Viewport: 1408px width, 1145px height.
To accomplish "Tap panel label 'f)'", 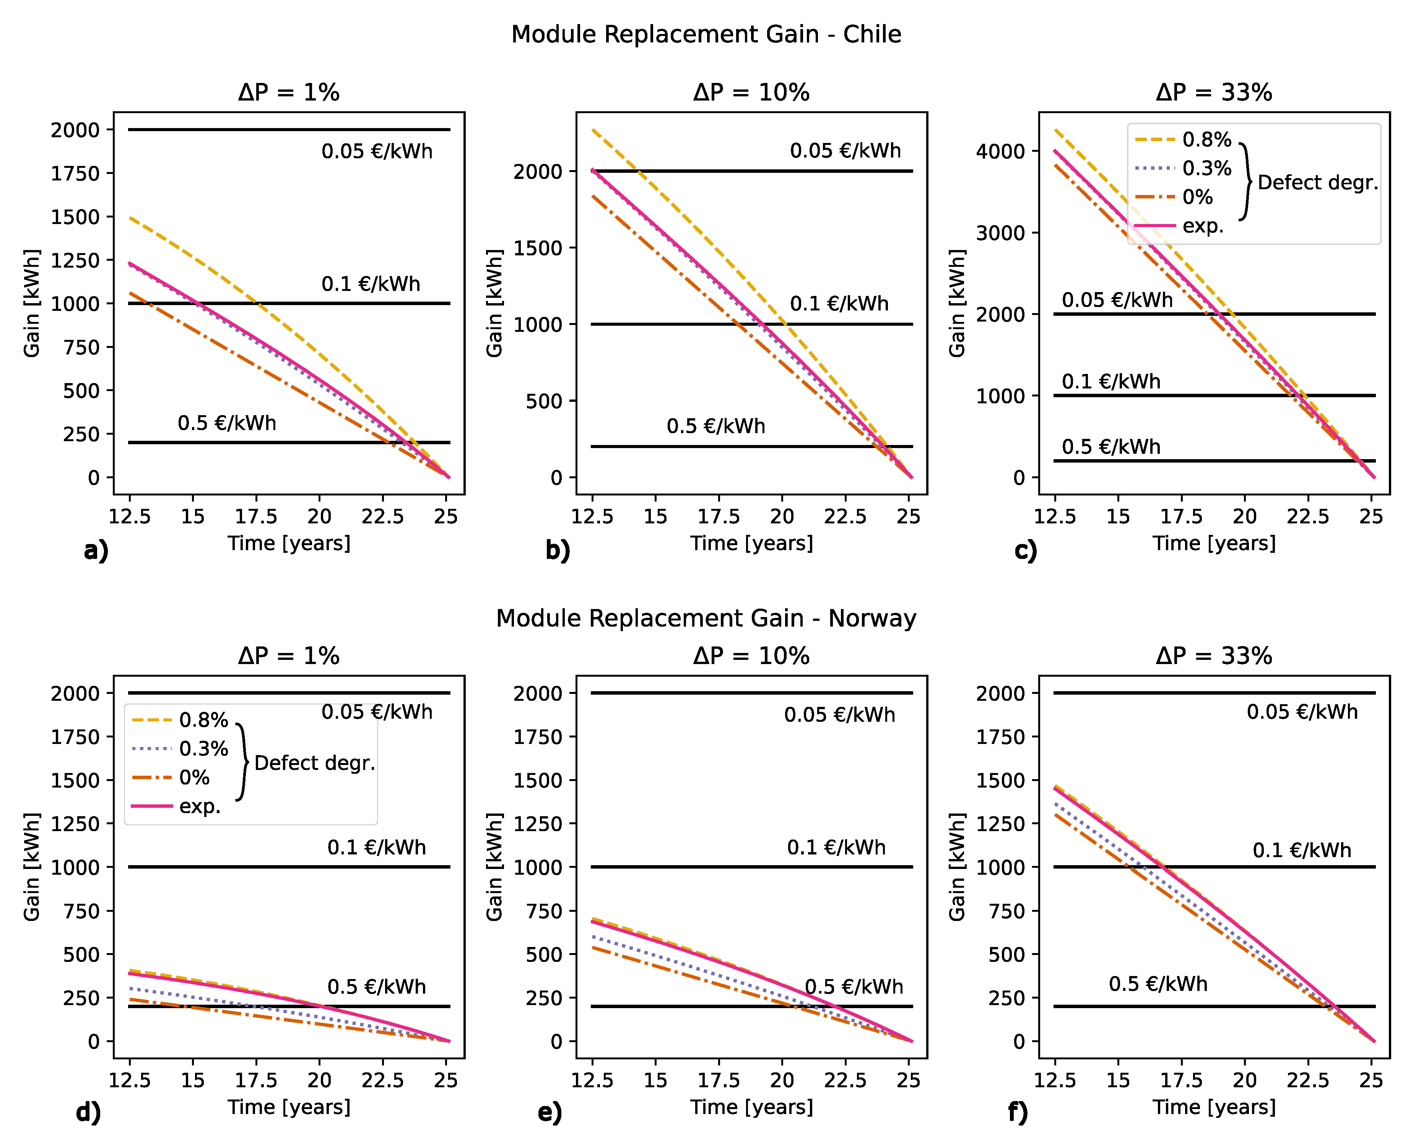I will point(1018,1112).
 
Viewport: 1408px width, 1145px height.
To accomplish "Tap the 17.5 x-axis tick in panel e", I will point(719,1080).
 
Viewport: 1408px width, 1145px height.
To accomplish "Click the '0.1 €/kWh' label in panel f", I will point(1302,850).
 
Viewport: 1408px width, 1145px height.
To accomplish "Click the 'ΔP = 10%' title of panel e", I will point(751,656).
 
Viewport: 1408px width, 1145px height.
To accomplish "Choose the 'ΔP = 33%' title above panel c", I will point(1213,93).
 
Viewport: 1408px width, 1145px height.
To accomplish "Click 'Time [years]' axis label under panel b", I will point(751,544).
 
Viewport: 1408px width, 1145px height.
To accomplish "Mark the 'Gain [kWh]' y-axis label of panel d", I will point(32,867).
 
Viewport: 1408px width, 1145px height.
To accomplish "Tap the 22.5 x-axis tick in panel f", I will point(1308,1080).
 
